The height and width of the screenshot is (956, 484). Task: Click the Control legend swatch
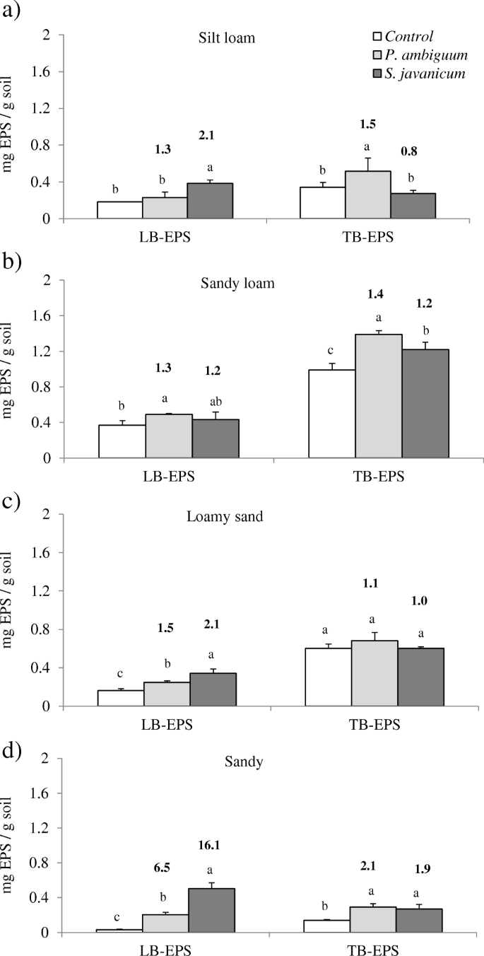point(377,37)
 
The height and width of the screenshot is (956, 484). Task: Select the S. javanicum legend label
point(425,74)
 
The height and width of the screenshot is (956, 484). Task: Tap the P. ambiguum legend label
point(424,56)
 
